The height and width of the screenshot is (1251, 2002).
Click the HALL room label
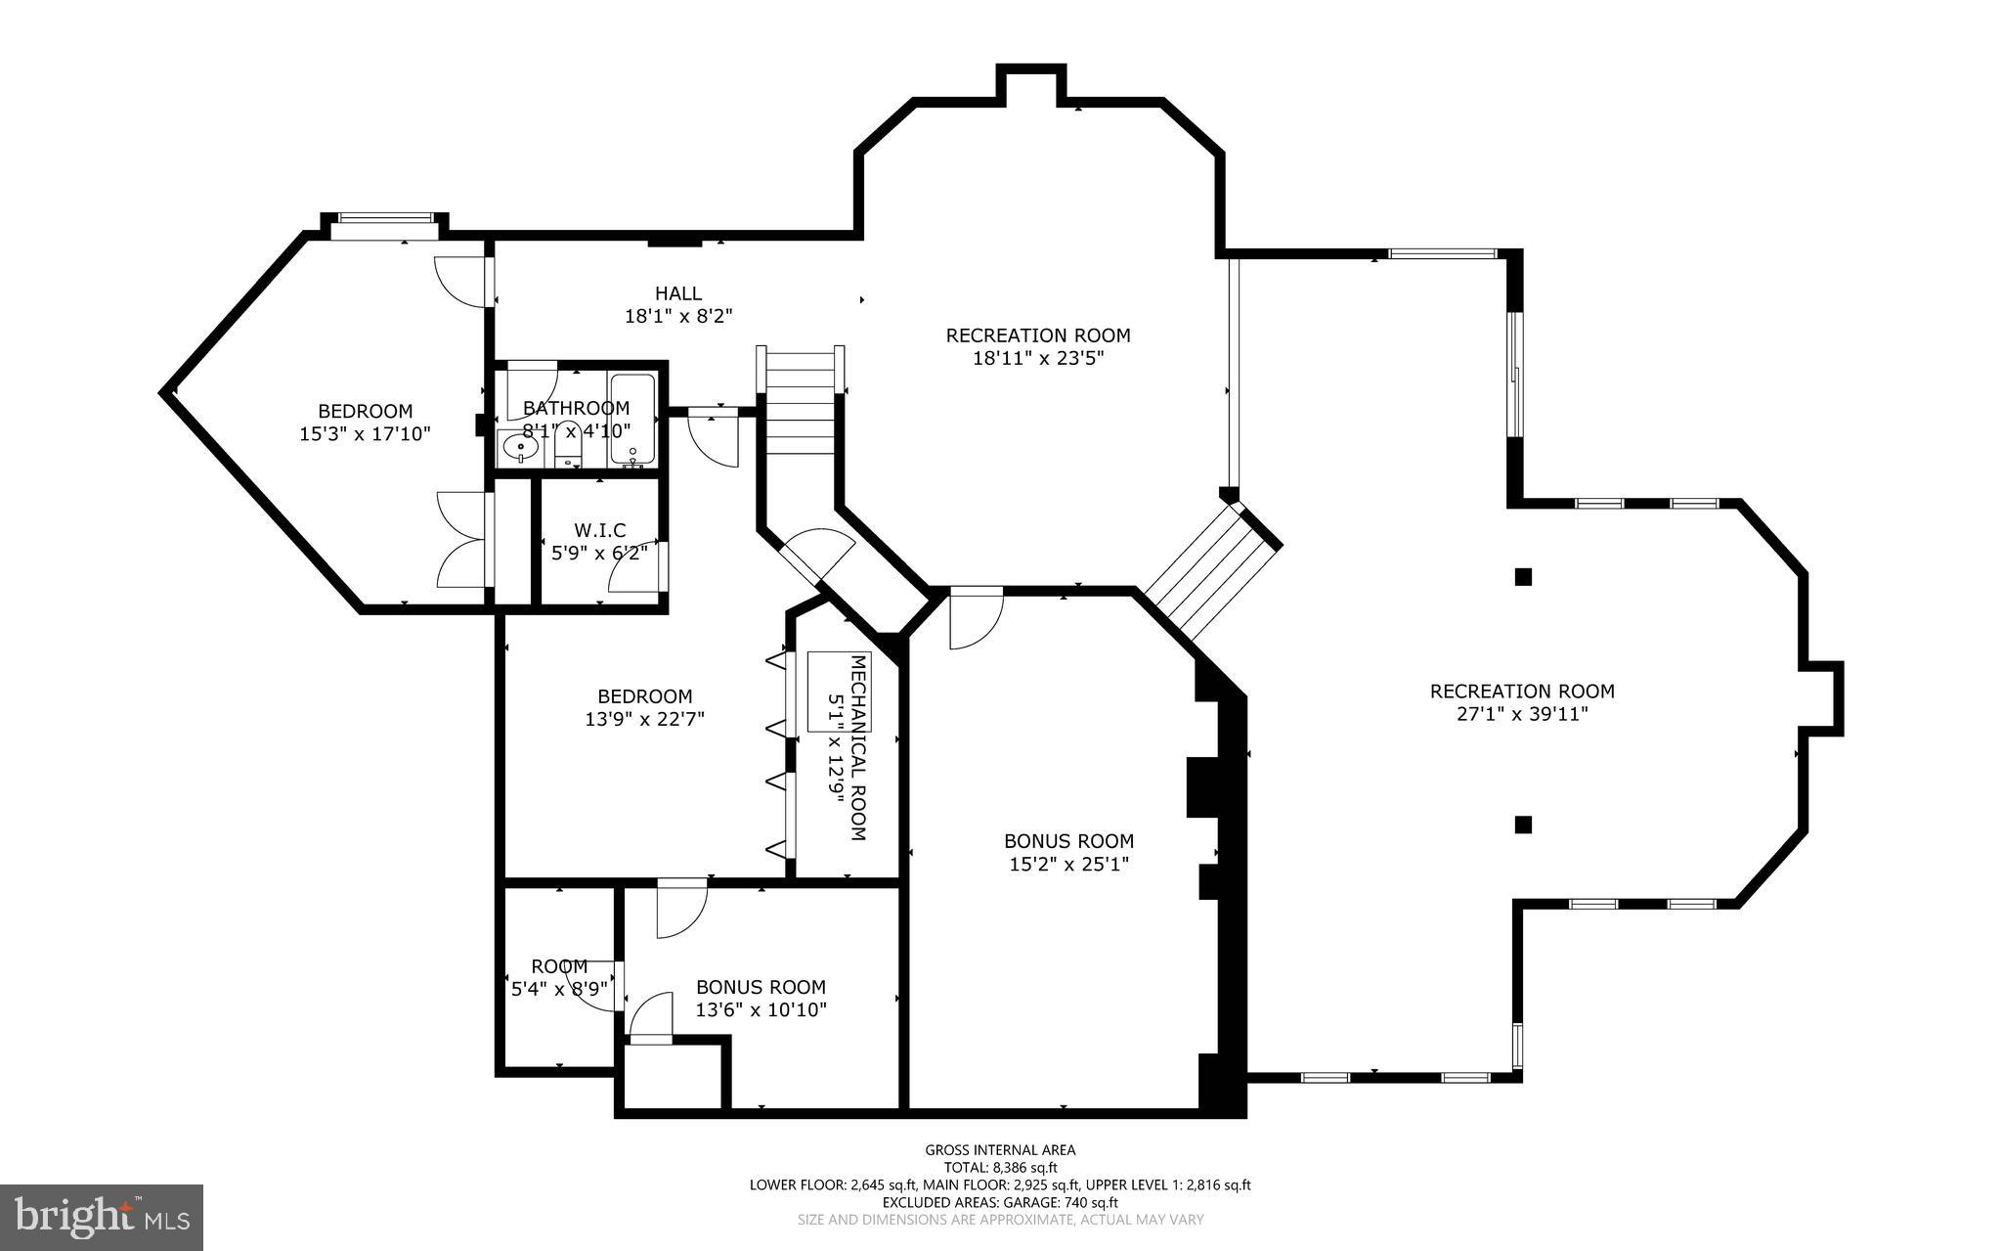[x=677, y=293]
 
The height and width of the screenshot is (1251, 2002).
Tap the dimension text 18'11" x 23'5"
[x=1037, y=359]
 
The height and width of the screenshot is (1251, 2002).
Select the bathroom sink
[x=520, y=449]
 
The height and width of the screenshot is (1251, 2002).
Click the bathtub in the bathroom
[x=632, y=419]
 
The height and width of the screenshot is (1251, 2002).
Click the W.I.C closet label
[x=599, y=530]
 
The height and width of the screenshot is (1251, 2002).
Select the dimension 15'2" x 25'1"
[x=1068, y=865]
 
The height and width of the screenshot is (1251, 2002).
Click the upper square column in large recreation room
[x=1522, y=577]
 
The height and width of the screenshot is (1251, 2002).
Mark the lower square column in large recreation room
[x=1522, y=825]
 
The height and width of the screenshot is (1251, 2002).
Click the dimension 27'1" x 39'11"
[x=1522, y=715]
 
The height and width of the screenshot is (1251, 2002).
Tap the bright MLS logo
[x=102, y=1217]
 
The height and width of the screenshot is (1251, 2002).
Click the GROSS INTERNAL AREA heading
[x=1000, y=1150]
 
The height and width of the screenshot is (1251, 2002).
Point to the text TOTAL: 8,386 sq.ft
[x=1000, y=1168]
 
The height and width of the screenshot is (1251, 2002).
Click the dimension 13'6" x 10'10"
[x=761, y=1010]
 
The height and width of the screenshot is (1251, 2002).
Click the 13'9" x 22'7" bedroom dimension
[x=644, y=720]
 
